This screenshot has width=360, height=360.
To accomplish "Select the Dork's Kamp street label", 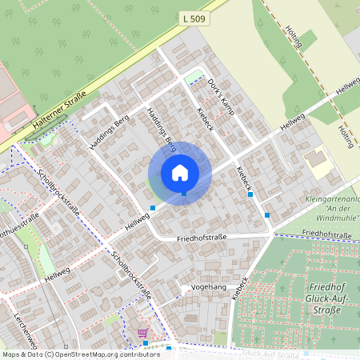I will pos(219,97).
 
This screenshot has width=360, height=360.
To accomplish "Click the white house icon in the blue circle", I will pos(180,172).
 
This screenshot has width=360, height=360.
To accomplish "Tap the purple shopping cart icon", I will pos(142,332).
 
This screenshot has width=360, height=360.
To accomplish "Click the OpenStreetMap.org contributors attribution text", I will pos(108,354).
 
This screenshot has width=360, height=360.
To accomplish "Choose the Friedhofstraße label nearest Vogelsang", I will pos(202,238).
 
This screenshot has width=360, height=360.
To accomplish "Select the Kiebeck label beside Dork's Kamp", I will pos(204,121).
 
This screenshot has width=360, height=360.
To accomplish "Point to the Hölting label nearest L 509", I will pos(294,36).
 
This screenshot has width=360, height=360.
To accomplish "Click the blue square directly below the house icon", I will pos(183,193).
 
